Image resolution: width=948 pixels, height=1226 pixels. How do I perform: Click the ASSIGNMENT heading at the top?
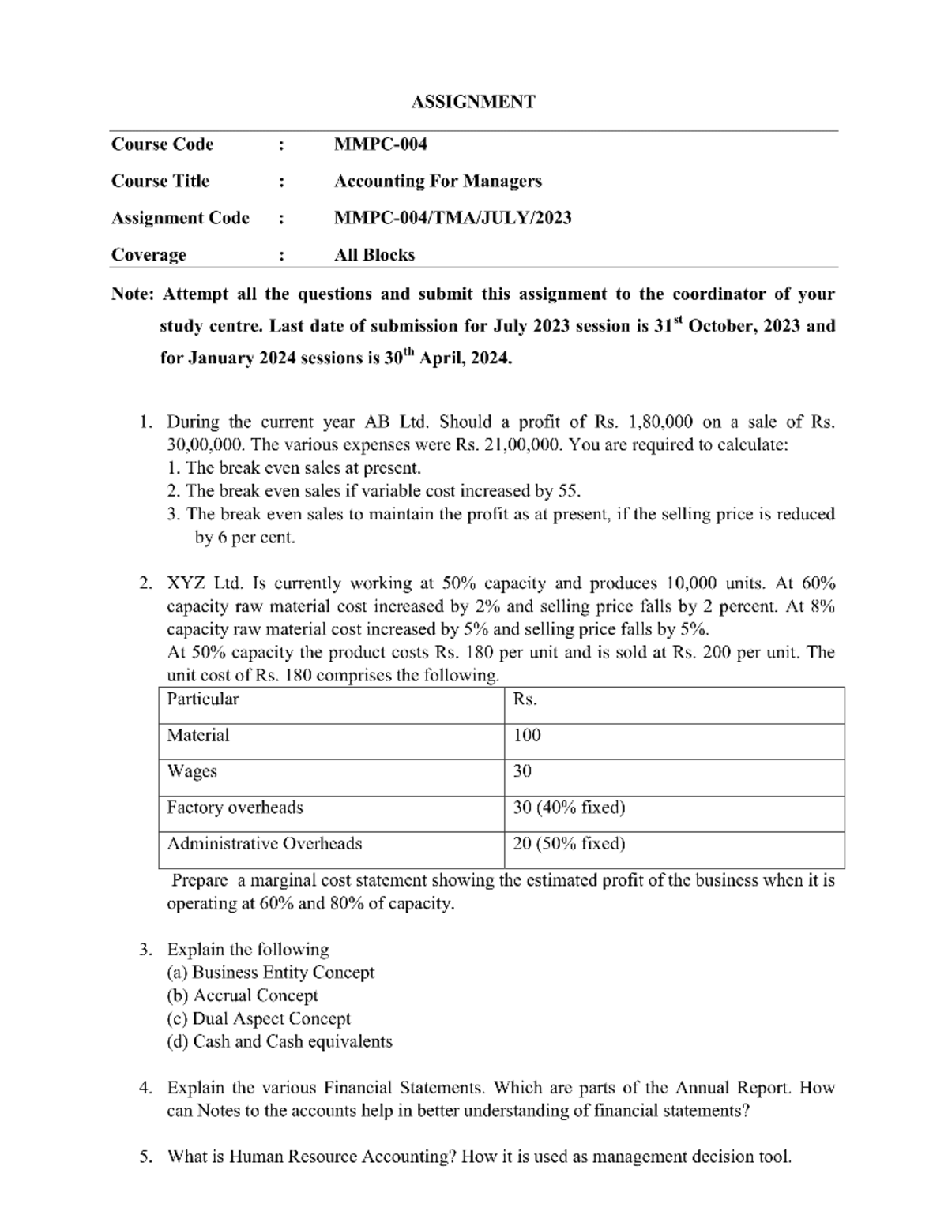(473, 102)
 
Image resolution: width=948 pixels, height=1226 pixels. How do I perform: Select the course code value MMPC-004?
(380, 144)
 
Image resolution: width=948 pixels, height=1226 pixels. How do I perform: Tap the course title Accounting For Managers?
(438, 182)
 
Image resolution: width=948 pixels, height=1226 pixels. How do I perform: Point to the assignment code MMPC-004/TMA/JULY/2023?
(452, 218)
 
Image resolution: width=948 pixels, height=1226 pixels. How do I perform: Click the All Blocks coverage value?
(374, 255)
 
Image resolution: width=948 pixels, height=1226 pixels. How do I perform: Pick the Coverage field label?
(149, 255)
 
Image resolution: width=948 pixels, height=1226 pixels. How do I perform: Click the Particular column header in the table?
(202, 699)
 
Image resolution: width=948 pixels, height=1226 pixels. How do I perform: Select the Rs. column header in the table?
(525, 699)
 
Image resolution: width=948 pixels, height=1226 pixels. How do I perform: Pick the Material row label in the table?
(197, 736)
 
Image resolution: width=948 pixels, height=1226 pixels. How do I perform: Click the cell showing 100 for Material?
(527, 736)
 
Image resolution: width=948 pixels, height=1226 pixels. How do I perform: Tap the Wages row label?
(191, 772)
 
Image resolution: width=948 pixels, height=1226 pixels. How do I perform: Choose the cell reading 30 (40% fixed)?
(569, 808)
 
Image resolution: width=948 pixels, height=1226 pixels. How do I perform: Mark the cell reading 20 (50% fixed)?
(569, 844)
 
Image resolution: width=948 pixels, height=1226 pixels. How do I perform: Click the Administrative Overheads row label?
(264, 844)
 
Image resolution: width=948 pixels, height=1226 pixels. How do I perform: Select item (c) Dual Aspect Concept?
(258, 1019)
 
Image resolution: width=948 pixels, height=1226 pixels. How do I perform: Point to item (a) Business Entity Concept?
(270, 973)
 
